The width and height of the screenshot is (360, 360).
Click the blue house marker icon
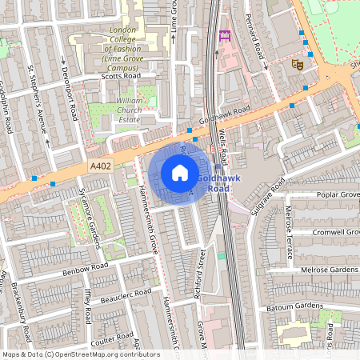[180, 173]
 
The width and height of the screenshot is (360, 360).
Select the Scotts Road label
[120, 77]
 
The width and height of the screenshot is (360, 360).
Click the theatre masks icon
[298, 65]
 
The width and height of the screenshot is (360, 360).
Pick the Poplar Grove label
[331, 195]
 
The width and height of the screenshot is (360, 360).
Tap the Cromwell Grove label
[329, 232]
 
